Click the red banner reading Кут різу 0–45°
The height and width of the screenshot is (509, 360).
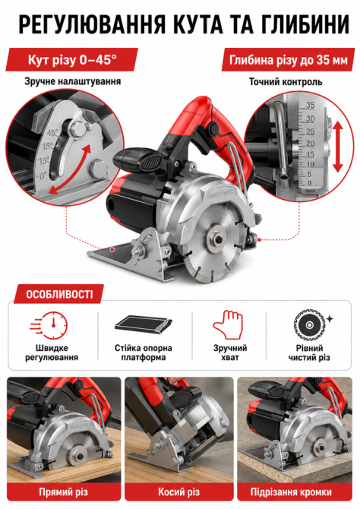click(x=71, y=60)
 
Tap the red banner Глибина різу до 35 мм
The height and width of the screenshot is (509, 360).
click(x=289, y=60)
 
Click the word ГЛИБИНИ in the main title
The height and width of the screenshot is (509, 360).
click(x=306, y=24)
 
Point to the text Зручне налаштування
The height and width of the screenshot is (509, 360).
click(x=72, y=81)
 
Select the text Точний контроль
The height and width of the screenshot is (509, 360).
click(x=286, y=81)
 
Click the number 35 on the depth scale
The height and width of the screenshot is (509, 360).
click(x=311, y=105)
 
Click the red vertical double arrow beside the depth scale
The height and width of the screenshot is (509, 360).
click(x=338, y=147)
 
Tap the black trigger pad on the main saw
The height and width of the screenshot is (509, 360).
click(x=152, y=160)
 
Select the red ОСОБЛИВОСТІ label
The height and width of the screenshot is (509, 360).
click(x=59, y=295)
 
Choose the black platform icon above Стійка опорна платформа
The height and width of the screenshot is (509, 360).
click(x=143, y=324)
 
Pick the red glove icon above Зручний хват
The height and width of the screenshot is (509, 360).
click(x=229, y=325)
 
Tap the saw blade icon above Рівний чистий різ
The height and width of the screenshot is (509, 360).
click(x=310, y=326)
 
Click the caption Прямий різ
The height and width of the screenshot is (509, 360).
click(x=64, y=492)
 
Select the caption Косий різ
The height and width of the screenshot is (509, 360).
click(x=179, y=492)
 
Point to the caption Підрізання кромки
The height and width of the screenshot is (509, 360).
click(x=291, y=492)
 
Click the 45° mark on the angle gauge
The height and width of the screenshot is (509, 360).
click(x=52, y=133)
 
